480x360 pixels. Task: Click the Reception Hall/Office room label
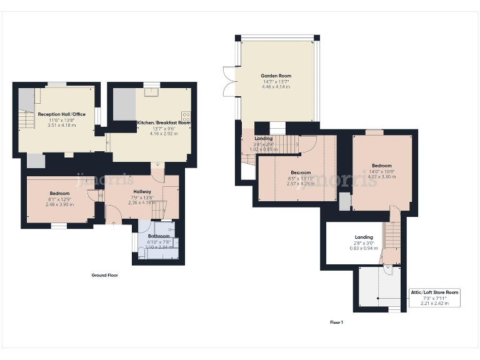coord(61,114)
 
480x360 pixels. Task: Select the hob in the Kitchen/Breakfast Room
coord(186,116)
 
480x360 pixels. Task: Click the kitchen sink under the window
coord(151,92)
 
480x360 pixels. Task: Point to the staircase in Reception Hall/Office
coord(26,119)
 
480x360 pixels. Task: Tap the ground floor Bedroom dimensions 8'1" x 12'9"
coord(59,199)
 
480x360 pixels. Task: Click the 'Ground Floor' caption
coord(104,275)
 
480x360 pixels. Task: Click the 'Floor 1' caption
coord(336,322)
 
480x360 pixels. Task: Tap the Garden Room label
coord(276,76)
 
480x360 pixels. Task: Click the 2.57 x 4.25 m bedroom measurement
coord(301,184)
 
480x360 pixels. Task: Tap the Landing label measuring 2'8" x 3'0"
coord(364,237)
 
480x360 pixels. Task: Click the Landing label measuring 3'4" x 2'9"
coord(263,138)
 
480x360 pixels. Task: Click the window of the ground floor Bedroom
coord(59,226)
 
